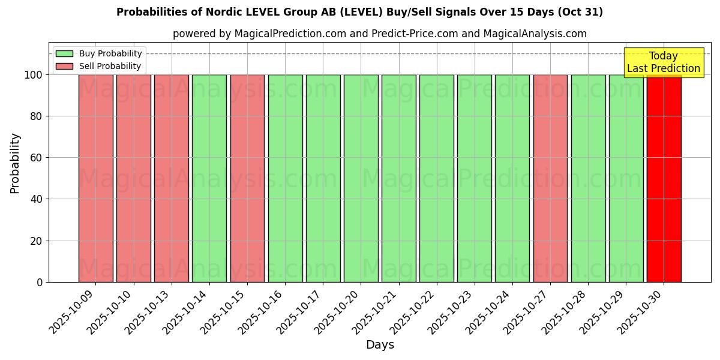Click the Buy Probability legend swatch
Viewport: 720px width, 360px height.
click(x=64, y=54)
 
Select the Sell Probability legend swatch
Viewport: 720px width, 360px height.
click(x=64, y=66)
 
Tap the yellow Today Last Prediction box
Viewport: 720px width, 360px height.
click(x=663, y=62)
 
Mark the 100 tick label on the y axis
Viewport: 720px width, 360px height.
click(x=33, y=75)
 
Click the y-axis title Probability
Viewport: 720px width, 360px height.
click(x=15, y=163)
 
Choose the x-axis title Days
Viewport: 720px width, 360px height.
click(x=380, y=345)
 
